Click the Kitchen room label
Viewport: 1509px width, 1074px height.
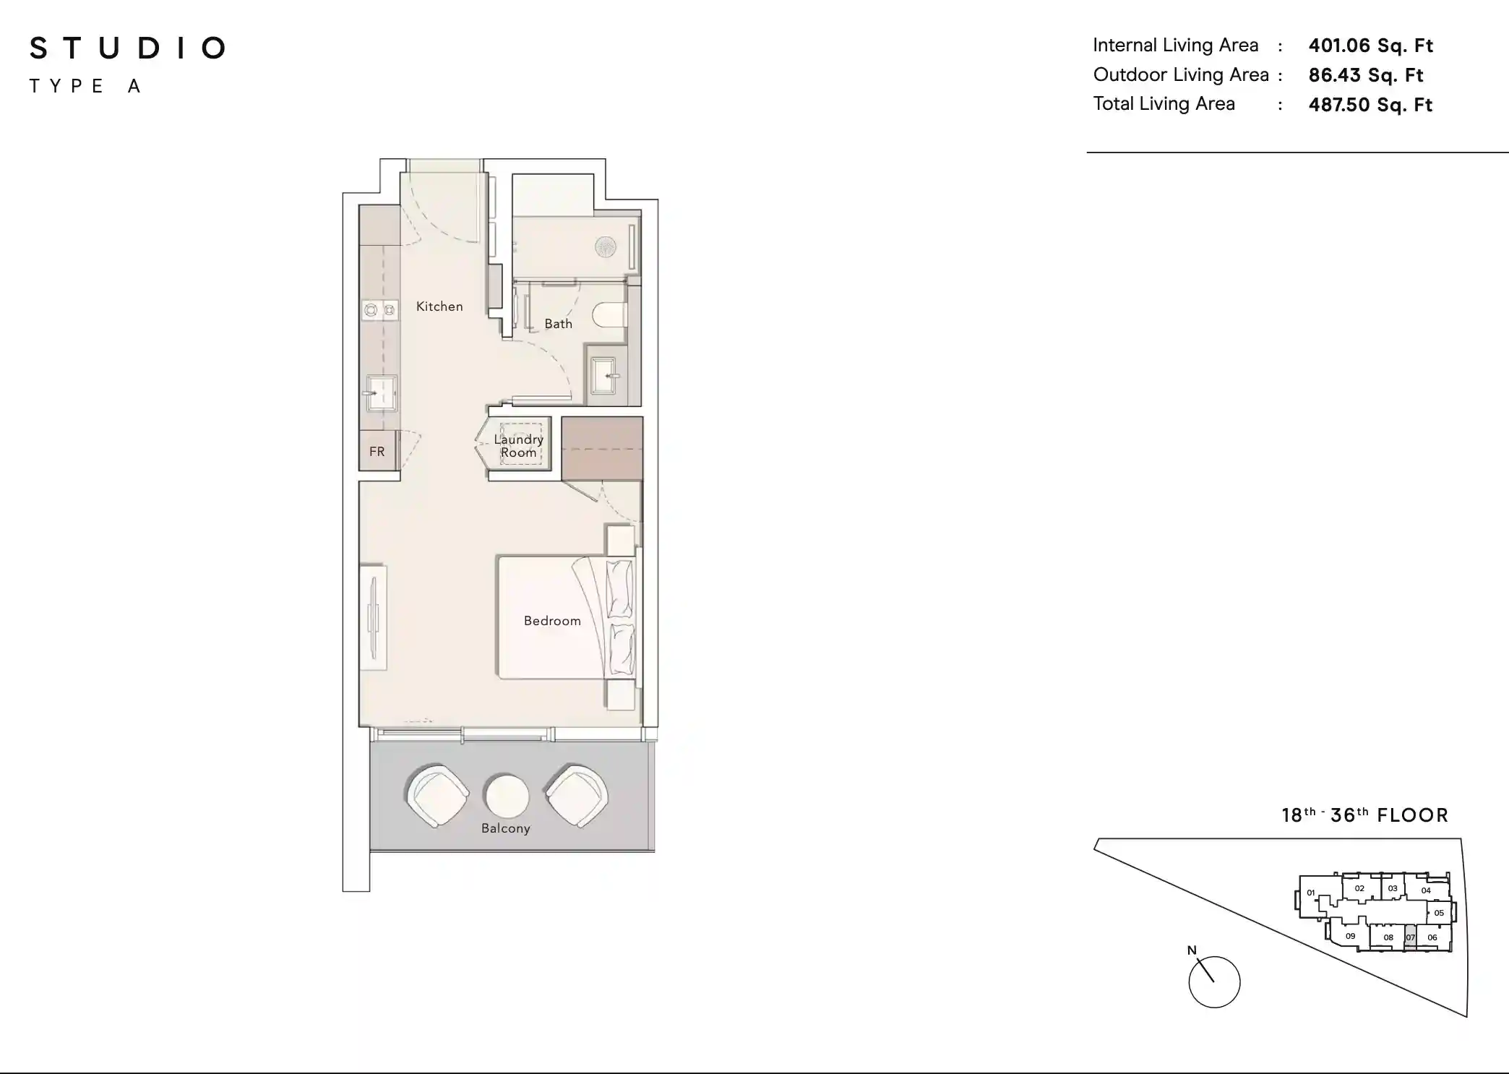tap(439, 306)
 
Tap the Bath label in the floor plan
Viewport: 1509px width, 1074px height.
tap(558, 324)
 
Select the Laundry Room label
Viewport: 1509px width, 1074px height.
tap(519, 446)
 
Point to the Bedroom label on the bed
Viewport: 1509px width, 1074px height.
tap(552, 621)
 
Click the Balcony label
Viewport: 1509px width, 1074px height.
tap(506, 828)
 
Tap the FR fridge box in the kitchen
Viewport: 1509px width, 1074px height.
tap(377, 451)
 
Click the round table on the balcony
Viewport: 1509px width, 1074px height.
tap(507, 796)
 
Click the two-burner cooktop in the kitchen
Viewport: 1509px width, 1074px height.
tap(380, 310)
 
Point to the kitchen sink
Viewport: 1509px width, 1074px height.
tap(381, 393)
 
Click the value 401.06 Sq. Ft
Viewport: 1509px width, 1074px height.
tap(1370, 46)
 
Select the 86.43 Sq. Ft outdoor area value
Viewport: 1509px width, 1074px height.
tap(1365, 75)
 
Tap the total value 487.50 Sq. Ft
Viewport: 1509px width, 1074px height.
tap(1370, 105)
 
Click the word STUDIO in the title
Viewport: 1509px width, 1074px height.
tap(128, 48)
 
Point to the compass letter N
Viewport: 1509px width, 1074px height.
tap(1192, 950)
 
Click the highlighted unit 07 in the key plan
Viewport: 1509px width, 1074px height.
tap(1410, 937)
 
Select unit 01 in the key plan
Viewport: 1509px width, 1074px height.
tap(1311, 893)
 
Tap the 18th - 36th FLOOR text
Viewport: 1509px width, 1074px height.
tap(1365, 815)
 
